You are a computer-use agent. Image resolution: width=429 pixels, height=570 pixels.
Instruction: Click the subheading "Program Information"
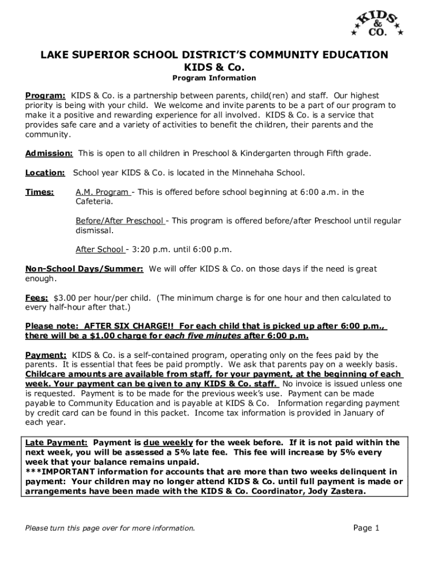click(214, 78)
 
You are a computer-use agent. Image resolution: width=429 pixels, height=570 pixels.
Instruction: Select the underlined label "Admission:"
click(49, 153)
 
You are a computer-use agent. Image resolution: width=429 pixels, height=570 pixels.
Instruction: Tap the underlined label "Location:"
click(45, 173)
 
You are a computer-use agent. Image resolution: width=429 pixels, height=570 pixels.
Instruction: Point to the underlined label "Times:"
click(40, 192)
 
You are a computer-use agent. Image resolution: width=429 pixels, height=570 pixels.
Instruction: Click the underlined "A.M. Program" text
click(102, 192)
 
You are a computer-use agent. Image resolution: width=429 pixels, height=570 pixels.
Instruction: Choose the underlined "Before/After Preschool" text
click(119, 221)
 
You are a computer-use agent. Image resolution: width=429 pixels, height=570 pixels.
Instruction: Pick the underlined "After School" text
click(99, 249)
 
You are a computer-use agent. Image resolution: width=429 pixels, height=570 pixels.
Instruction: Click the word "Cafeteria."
click(94, 202)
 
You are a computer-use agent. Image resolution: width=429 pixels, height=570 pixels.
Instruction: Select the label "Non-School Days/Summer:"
click(84, 269)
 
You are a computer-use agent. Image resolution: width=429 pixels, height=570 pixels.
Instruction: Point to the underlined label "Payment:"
click(46, 355)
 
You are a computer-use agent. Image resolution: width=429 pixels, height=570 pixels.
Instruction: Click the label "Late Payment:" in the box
click(57, 443)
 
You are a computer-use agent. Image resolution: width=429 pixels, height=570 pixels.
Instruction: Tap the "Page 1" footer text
click(366, 528)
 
